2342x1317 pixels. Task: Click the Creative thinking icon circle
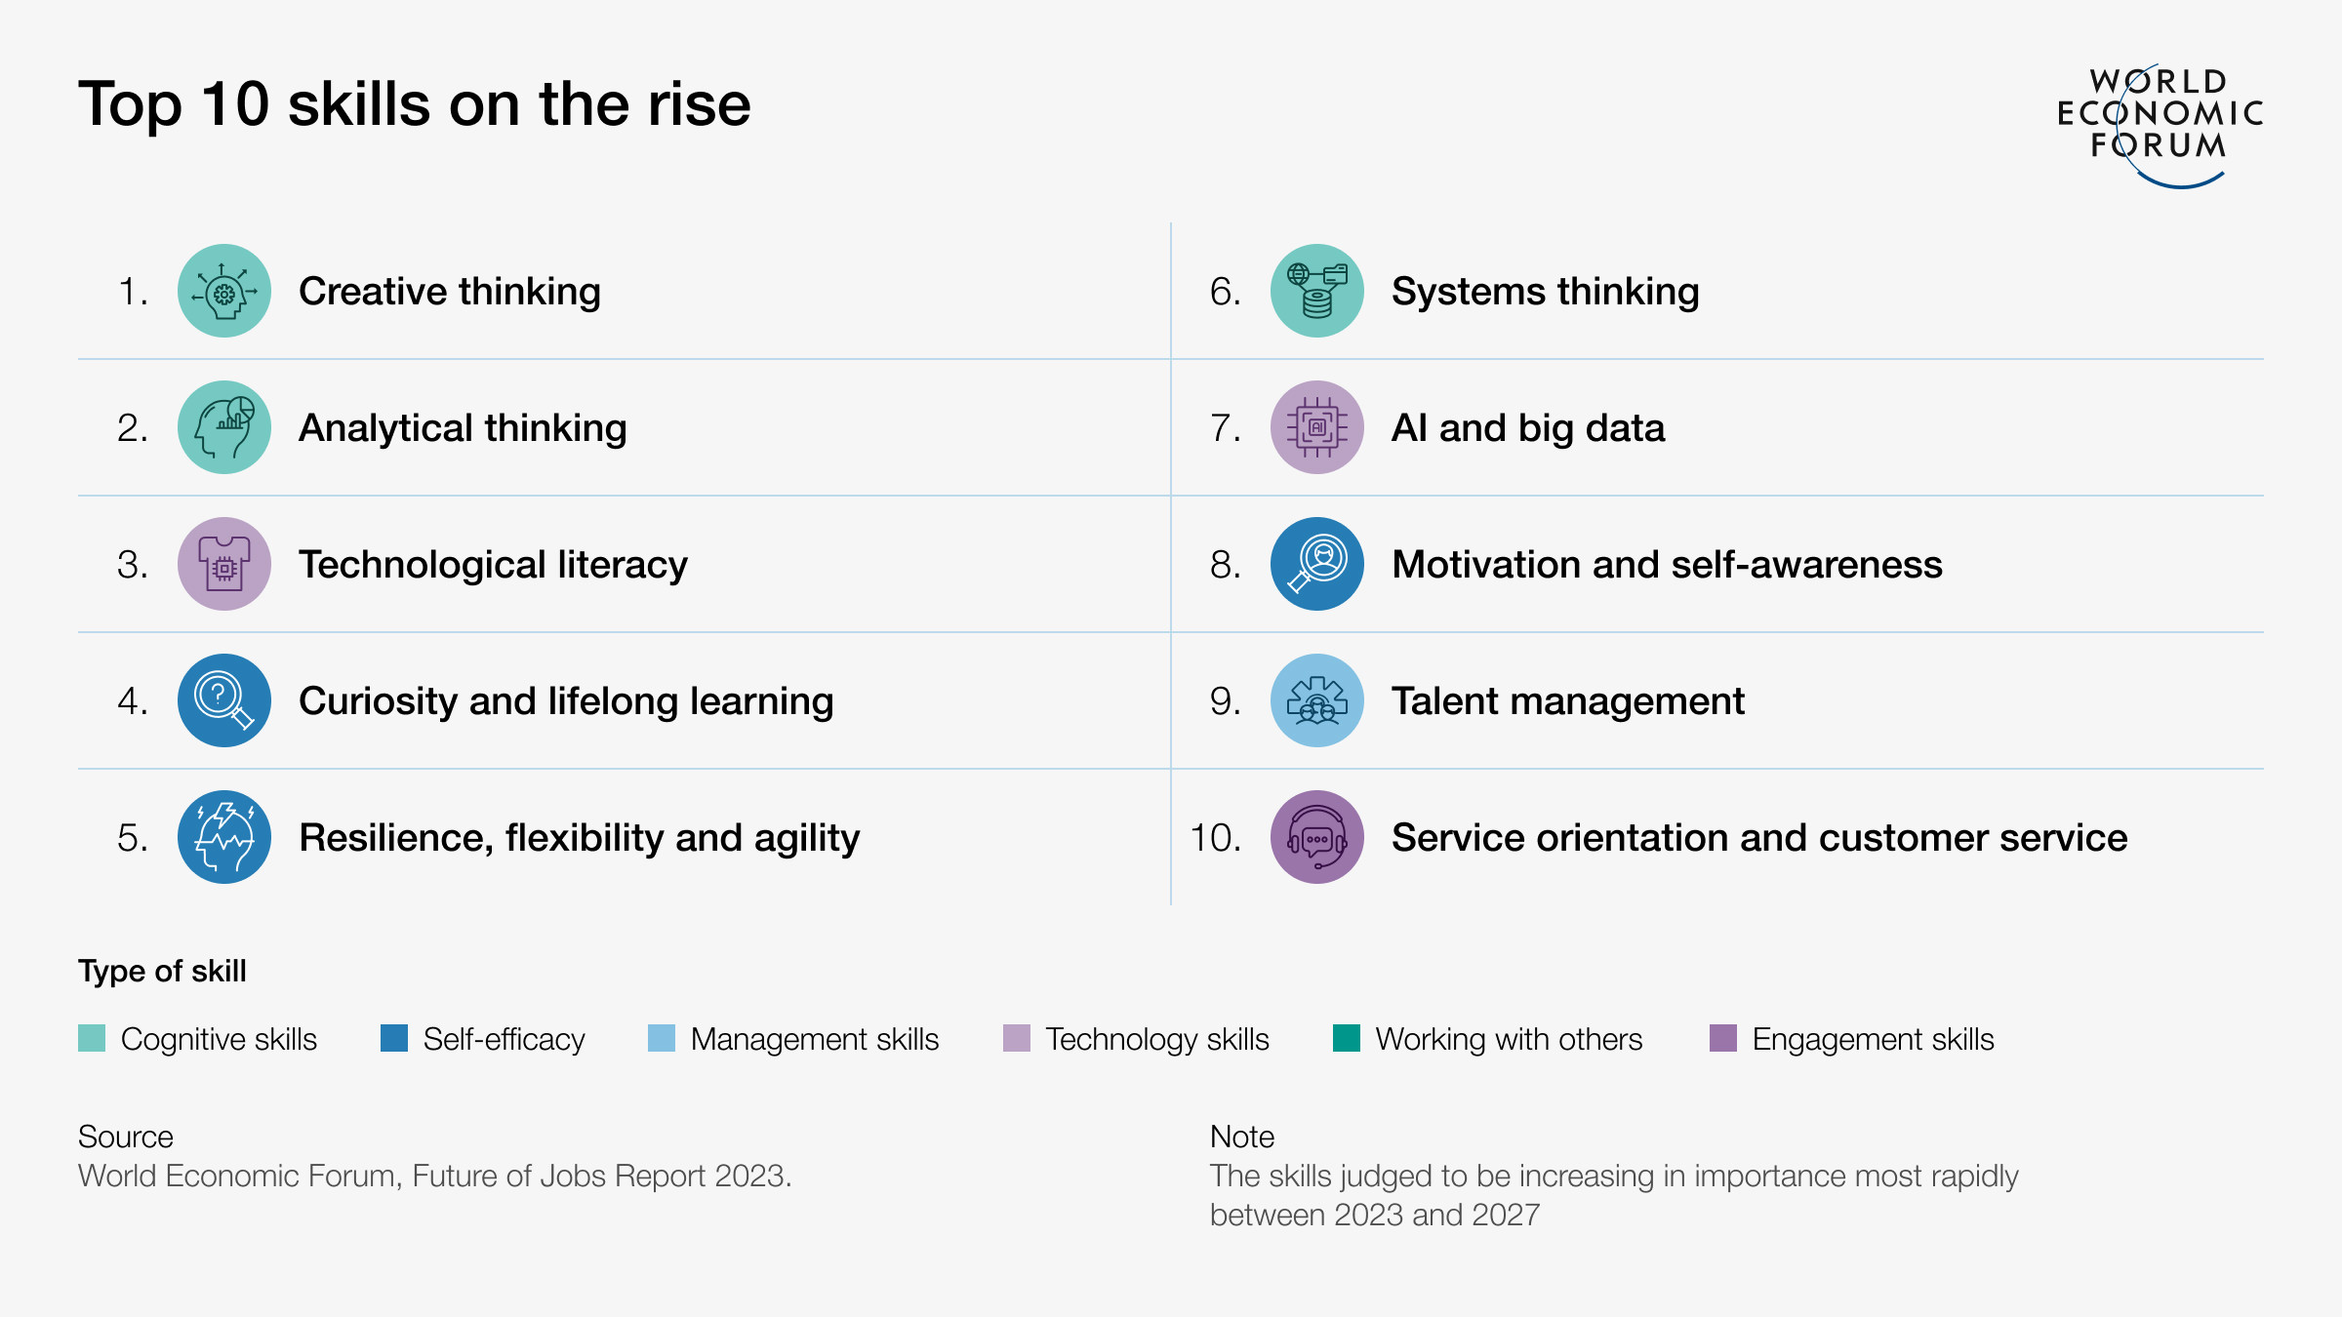[224, 291]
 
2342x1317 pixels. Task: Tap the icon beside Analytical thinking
[224, 427]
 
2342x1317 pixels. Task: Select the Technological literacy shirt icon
[224, 564]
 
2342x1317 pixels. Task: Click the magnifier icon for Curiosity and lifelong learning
[224, 700]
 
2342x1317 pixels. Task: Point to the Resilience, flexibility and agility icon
[224, 837]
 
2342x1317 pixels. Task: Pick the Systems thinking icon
[1317, 291]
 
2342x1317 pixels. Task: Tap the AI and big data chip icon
[1317, 427]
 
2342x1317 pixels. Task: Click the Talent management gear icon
[1317, 700]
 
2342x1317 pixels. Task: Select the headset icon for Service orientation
[1317, 837]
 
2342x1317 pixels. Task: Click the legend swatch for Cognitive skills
[92, 1038]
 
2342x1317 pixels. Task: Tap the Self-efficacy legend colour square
[394, 1038]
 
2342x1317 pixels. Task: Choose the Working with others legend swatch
[1347, 1038]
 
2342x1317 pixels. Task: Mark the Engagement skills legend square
[1723, 1038]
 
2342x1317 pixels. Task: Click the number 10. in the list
[1216, 838]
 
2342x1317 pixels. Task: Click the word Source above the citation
[125, 1137]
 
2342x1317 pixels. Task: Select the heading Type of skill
[162, 971]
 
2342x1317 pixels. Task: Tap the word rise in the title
[699, 104]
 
